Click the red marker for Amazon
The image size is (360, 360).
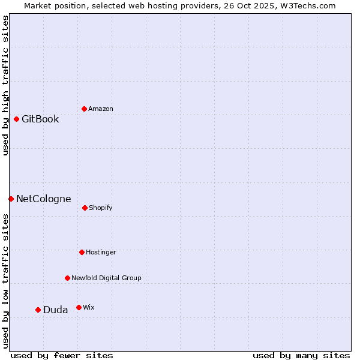click(84, 109)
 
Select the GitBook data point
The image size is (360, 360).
click(16, 119)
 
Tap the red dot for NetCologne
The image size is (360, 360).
click(11, 199)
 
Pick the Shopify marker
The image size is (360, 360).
click(85, 208)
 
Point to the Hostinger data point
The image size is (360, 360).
click(82, 252)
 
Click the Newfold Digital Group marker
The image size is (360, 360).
click(67, 278)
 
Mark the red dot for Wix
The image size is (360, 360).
click(79, 307)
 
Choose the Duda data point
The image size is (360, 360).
click(38, 310)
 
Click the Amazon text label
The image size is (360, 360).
click(101, 109)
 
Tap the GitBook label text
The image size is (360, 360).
click(40, 119)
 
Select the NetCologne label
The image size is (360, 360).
click(43, 199)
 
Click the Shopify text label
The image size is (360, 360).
click(101, 208)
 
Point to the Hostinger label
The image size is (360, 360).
click(101, 252)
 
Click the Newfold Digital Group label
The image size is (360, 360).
click(106, 278)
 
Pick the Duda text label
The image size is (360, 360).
click(55, 310)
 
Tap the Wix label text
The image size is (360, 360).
click(89, 307)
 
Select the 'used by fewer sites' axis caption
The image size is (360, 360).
click(62, 355)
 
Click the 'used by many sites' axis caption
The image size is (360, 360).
click(301, 355)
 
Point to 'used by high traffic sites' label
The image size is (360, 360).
click(5, 85)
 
